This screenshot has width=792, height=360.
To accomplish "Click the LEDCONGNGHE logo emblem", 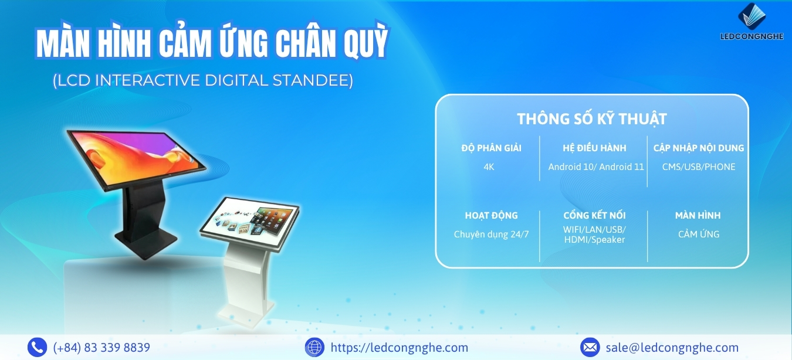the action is click(752, 16).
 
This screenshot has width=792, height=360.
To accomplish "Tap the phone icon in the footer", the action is click(37, 347).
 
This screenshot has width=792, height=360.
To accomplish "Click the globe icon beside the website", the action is click(314, 347).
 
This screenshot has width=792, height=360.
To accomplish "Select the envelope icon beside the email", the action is click(590, 347).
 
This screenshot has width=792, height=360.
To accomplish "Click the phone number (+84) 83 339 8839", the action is click(101, 348).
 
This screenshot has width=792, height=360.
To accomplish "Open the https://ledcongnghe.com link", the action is click(399, 348).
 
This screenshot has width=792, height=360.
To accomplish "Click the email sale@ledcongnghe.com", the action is click(672, 348).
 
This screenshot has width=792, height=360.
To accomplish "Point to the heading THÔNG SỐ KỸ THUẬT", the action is click(592, 119).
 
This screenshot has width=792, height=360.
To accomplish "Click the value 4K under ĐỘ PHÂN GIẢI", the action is click(489, 167).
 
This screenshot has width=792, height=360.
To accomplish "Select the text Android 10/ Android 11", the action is click(596, 167).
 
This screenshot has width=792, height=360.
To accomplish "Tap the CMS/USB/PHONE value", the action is click(699, 167).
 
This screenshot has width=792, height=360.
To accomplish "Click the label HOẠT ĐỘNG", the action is click(491, 215).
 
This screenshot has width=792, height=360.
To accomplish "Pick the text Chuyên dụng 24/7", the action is click(491, 234).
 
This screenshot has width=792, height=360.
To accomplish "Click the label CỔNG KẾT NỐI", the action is click(594, 215).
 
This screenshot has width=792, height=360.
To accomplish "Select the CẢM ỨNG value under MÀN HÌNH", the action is click(699, 234).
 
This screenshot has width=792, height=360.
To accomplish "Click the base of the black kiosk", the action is click(145, 243).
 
